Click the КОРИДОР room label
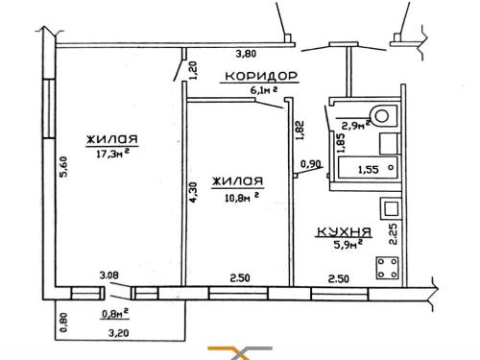(x=261, y=76)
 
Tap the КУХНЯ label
(x=344, y=231)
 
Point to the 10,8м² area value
(x=242, y=198)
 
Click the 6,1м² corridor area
(x=263, y=90)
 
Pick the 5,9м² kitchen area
(x=348, y=245)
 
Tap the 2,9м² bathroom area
(x=356, y=125)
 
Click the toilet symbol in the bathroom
(x=383, y=115)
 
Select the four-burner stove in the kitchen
(x=388, y=268)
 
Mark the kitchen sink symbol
(x=390, y=208)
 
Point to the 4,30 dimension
(x=194, y=192)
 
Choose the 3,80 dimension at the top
(x=246, y=54)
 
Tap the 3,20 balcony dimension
(x=119, y=333)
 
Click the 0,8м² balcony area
(x=115, y=314)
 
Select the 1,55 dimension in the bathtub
(x=368, y=169)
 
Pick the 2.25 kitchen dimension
(x=393, y=233)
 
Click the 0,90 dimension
(x=310, y=164)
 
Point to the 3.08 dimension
(x=108, y=275)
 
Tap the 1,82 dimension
(x=300, y=131)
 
